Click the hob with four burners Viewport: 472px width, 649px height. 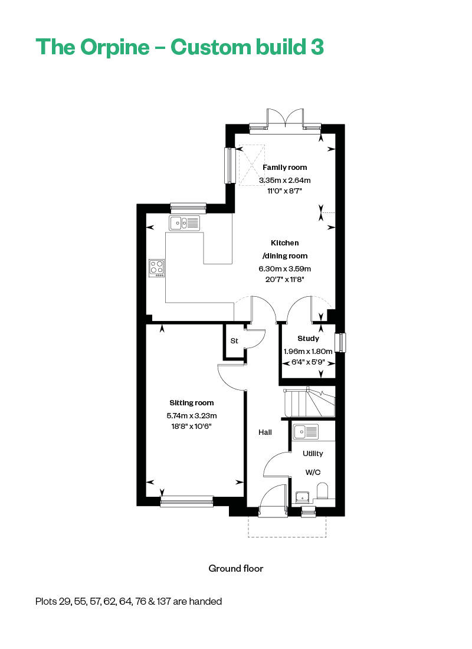tap(157, 268)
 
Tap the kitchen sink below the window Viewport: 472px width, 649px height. tap(185, 223)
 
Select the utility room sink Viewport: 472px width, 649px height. tap(305, 432)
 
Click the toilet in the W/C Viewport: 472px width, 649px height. tap(322, 491)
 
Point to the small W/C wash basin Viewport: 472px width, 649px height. tap(302, 497)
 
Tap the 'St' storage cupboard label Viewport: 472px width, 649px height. tap(234, 341)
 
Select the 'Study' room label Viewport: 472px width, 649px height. tap(308, 339)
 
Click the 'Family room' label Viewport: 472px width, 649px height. tap(285, 168)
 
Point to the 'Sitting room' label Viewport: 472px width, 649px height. tap(192, 403)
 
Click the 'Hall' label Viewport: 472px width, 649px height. tap(265, 432)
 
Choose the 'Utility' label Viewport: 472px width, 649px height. tap(313, 454)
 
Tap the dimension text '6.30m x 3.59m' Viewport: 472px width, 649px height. tap(285, 268)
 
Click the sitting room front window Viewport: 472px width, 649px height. tap(186, 501)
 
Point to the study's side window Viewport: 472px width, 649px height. tap(340, 343)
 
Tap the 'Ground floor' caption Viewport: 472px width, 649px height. tap(235, 569)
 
